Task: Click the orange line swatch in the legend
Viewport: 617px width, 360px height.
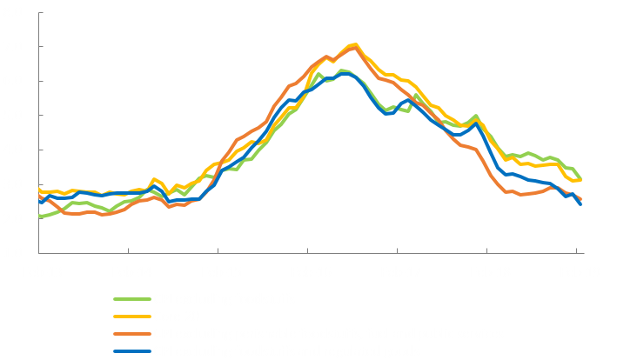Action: (x=131, y=334)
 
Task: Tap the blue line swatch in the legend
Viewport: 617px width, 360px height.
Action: (x=131, y=350)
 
